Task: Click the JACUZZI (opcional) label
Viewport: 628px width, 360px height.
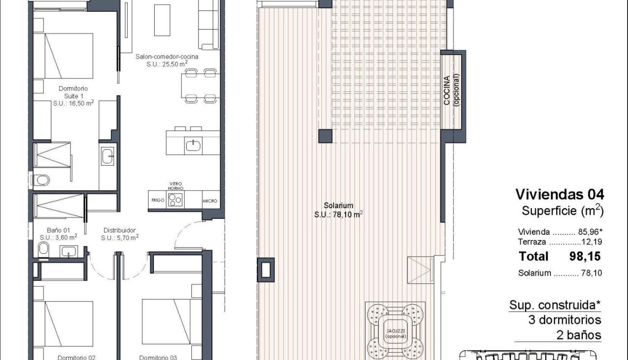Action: (396, 333)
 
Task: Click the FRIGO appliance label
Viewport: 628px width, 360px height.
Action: (158, 201)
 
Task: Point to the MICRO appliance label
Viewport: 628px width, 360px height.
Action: (210, 201)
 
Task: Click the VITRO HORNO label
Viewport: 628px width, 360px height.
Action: (176, 186)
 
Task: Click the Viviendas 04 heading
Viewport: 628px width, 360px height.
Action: (560, 194)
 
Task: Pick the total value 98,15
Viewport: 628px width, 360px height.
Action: (585, 257)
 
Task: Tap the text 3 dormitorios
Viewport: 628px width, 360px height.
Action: (565, 320)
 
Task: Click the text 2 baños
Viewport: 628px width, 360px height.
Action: (578, 335)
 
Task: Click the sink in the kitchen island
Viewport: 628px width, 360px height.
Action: (193, 145)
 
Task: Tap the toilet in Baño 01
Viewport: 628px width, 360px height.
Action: (43, 248)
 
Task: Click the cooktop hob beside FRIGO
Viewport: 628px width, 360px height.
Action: (176, 200)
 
